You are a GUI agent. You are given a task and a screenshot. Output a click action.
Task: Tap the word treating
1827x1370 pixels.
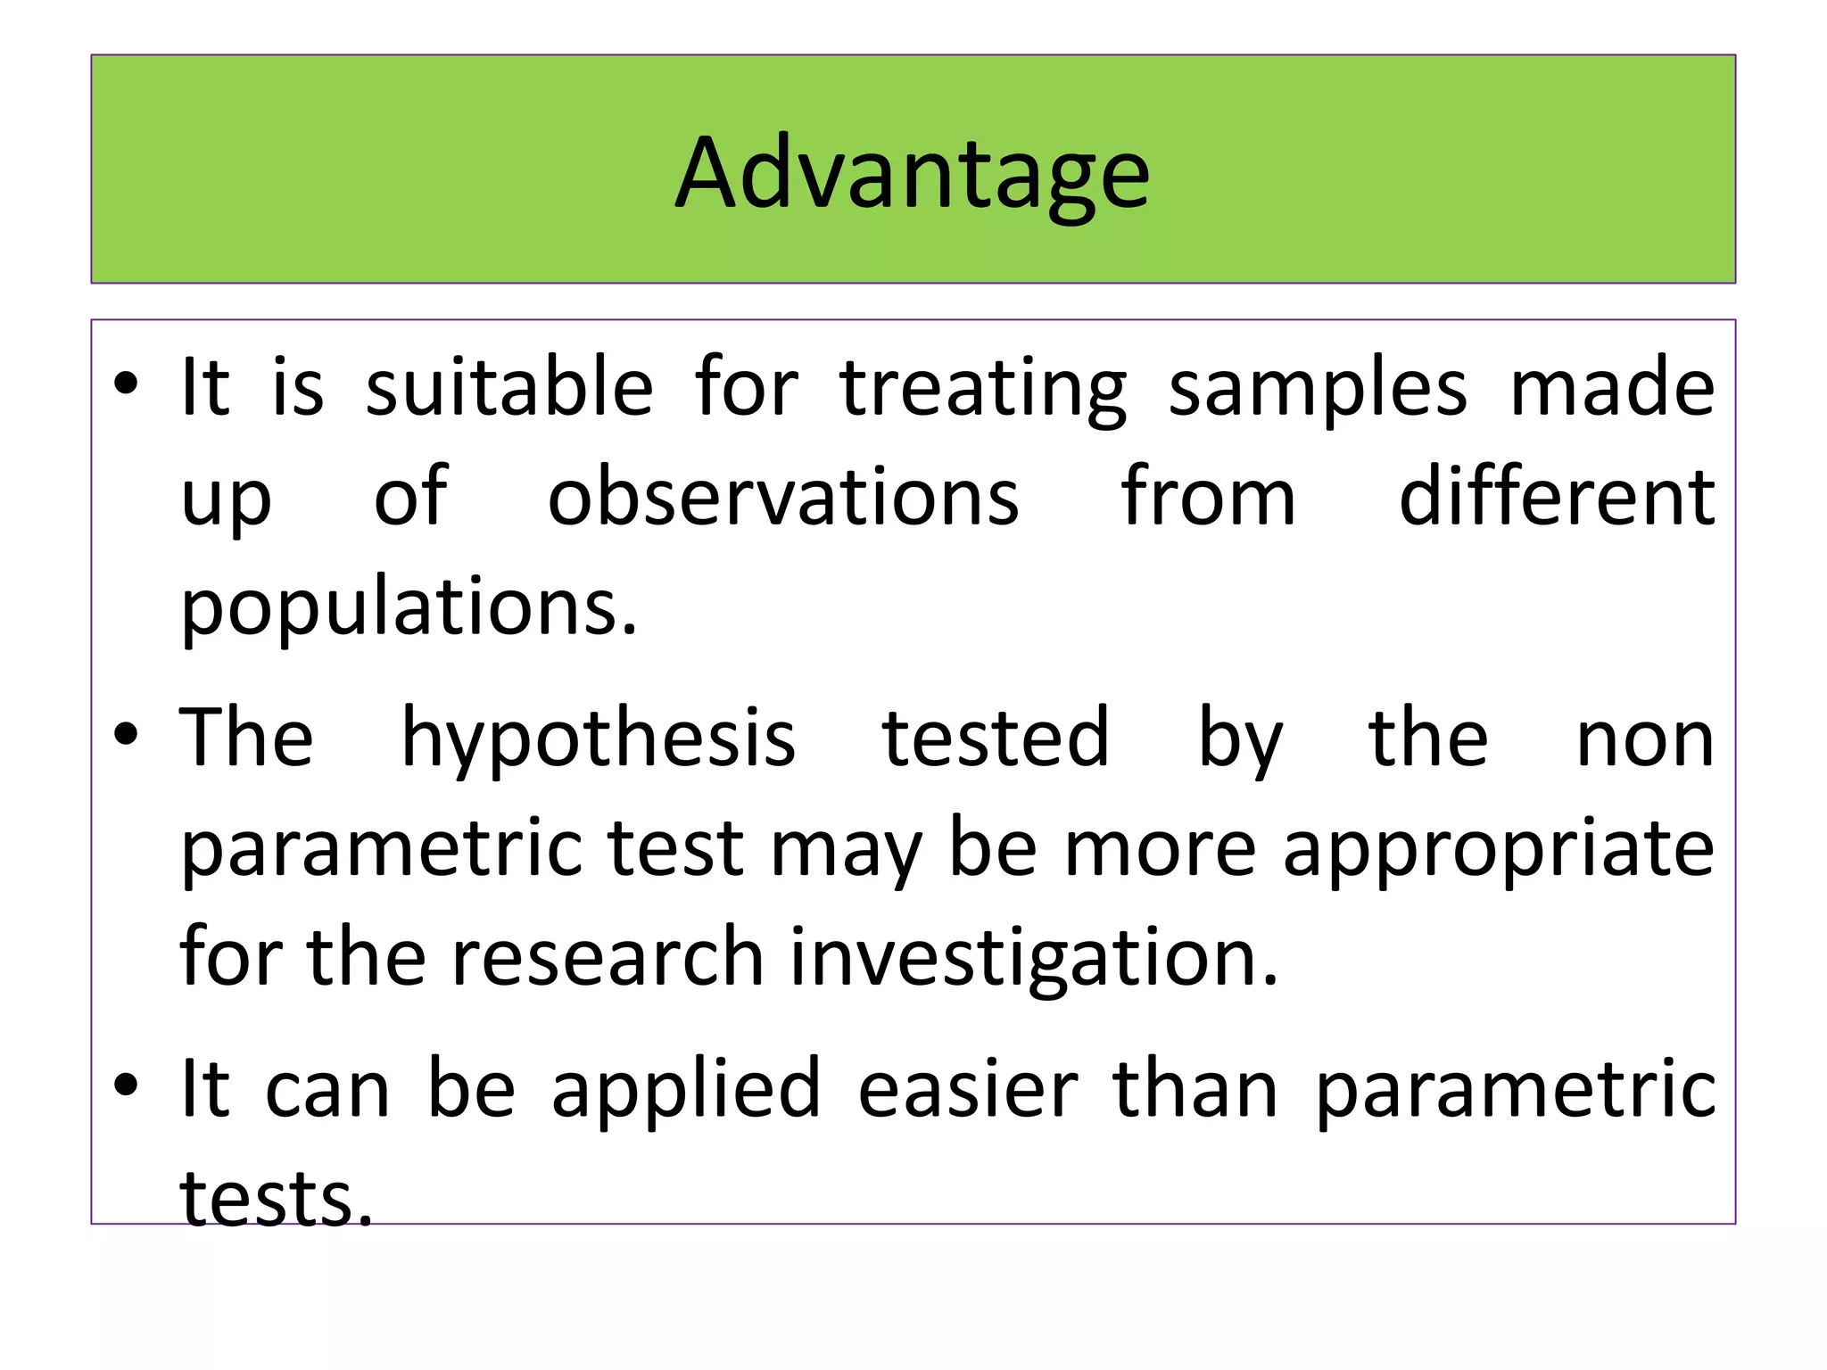(983, 389)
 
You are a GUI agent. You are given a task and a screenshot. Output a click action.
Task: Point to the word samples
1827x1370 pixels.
(1318, 389)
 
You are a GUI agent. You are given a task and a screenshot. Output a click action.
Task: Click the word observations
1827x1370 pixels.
(782, 497)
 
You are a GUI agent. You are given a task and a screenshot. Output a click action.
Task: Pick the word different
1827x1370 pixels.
(1556, 497)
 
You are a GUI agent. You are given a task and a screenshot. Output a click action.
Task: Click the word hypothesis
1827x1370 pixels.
(598, 739)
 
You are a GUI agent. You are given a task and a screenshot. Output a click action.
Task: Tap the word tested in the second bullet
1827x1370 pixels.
(995, 739)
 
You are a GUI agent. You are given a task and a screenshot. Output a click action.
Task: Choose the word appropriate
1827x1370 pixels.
(1498, 849)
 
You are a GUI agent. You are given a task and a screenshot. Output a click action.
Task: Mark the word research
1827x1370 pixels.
(608, 957)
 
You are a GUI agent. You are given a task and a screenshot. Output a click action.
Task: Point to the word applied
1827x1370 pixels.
(686, 1089)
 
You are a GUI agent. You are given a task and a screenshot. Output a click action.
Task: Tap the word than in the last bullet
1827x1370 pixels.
(1195, 1089)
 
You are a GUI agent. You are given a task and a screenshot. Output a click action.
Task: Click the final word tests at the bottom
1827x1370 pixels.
(276, 1198)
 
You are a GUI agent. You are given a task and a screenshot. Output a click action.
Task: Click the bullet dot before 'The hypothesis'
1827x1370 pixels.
(126, 735)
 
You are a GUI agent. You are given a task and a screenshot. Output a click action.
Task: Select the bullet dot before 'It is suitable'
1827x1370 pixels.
(126, 384)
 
